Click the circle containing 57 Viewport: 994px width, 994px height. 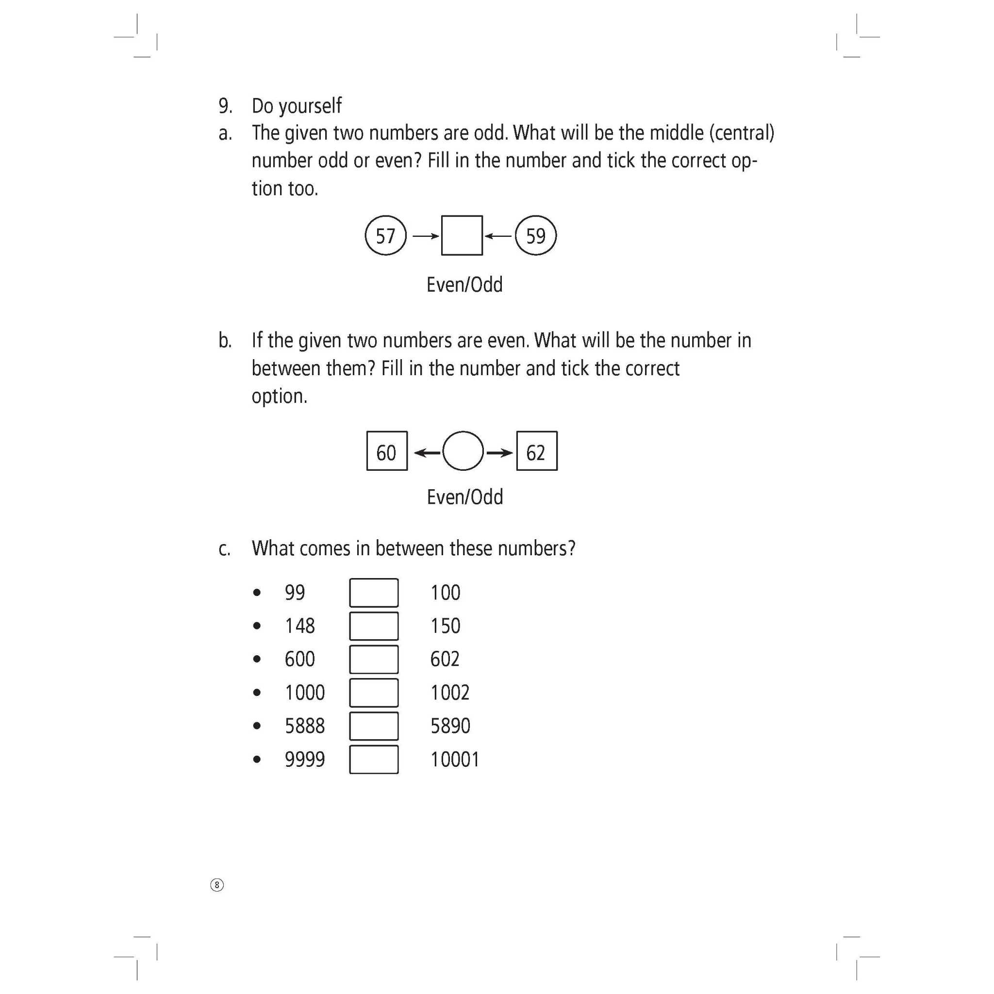(x=385, y=235)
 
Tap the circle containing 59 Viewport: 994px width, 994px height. (x=536, y=235)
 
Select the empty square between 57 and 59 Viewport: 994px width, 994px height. (x=462, y=235)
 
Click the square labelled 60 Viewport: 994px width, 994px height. (x=387, y=451)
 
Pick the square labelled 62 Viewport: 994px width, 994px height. (x=537, y=451)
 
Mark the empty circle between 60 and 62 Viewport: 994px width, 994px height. (x=463, y=451)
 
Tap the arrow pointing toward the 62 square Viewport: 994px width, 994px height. (x=499, y=453)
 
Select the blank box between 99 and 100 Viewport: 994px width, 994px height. (x=374, y=593)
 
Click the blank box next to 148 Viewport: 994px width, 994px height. (x=374, y=626)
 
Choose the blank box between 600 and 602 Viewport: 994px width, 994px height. (x=374, y=659)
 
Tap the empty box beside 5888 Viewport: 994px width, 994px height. (x=374, y=726)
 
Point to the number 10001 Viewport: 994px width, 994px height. (x=455, y=760)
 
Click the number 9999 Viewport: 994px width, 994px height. (x=305, y=760)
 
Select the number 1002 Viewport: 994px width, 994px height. (x=449, y=693)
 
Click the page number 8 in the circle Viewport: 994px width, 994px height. (x=217, y=885)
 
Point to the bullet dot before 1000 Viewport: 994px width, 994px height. (x=257, y=693)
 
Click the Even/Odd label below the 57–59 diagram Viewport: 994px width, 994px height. (x=464, y=284)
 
